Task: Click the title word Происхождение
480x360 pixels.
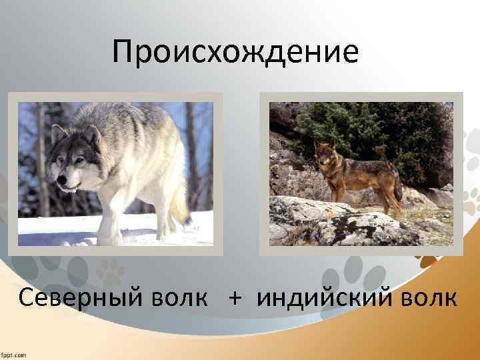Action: (x=235, y=52)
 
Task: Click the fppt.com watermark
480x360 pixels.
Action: (x=14, y=354)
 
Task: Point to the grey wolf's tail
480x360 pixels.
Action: (x=179, y=207)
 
